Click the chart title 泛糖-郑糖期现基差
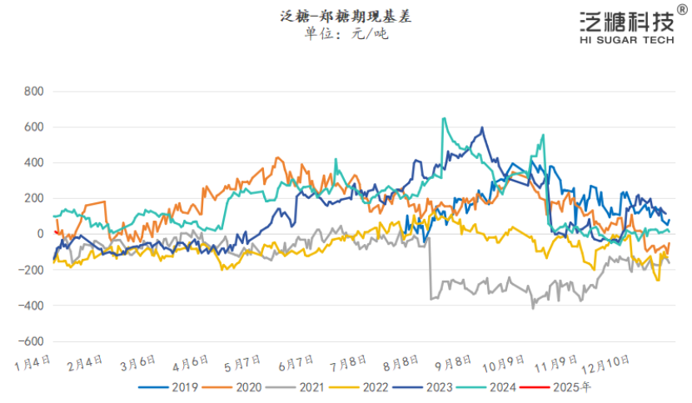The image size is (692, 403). coord(346,16)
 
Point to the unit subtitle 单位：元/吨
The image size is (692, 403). coord(346,34)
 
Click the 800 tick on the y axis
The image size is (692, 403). coord(32,91)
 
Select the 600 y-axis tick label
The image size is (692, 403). coord(32,127)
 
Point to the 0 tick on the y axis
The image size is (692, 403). coord(38,234)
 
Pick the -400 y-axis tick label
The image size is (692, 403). coord(30,306)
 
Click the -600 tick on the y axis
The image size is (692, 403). coord(30,341)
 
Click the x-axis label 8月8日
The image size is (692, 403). coord(401,365)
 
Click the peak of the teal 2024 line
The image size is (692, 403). coord(444,118)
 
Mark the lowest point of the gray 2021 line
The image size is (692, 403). coord(533,308)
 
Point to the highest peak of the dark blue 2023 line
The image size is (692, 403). coord(482,127)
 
